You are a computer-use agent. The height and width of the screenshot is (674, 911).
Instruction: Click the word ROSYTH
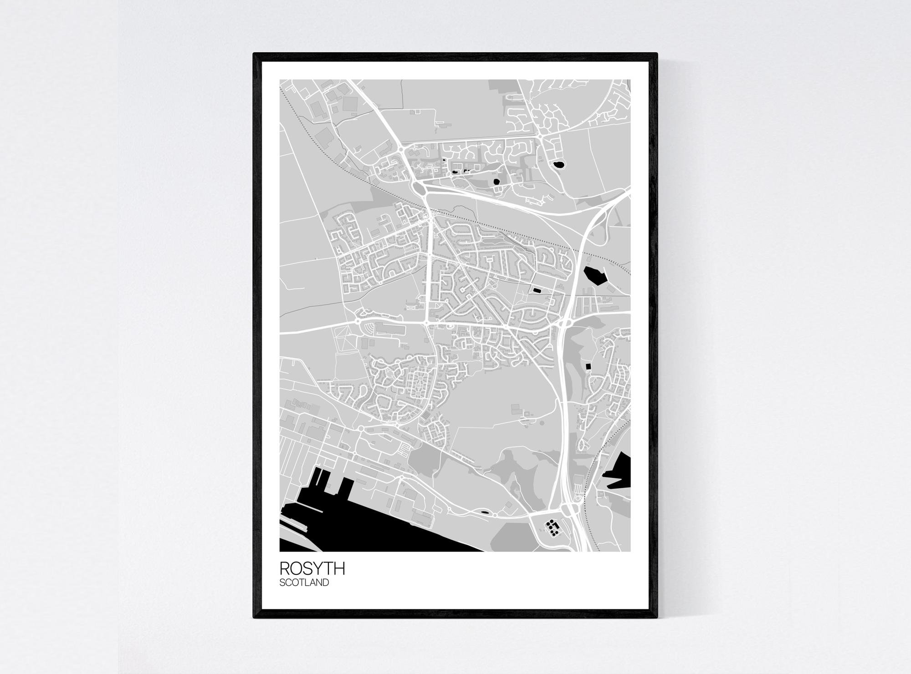[312, 568]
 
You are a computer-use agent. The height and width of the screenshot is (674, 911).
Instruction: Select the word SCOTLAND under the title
[304, 583]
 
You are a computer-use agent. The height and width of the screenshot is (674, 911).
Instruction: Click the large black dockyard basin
[364, 528]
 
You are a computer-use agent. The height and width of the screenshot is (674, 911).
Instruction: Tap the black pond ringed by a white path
[558, 164]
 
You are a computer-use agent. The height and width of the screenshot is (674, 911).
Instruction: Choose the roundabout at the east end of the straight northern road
[539, 136]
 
